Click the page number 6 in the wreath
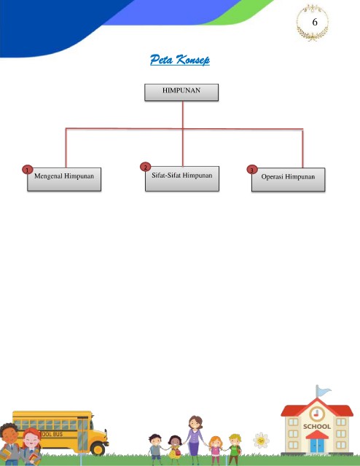315,23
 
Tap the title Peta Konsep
180,60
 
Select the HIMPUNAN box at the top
181,92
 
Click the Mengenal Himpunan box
64,179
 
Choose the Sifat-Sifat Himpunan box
182,178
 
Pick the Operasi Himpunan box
289,180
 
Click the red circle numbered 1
28,170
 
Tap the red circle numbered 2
146,167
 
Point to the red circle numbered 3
252,170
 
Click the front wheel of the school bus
98,447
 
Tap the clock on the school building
317,414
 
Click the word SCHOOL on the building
317,427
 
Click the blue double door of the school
317,446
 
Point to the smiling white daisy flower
261,441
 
